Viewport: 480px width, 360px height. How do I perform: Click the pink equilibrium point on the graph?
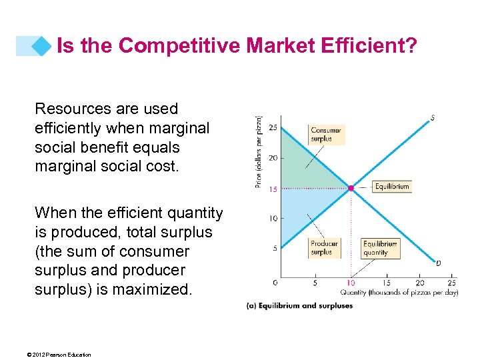click(351, 189)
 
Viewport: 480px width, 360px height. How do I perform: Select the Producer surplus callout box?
click(324, 248)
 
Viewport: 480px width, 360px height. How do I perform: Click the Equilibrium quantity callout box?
click(380, 248)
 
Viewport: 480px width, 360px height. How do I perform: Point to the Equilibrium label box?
click(391, 187)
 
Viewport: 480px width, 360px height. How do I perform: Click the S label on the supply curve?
click(433, 118)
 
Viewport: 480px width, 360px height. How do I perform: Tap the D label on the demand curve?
click(438, 263)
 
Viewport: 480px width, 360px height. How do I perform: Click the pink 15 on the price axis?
click(273, 189)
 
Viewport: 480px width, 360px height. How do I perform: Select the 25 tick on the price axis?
click(273, 127)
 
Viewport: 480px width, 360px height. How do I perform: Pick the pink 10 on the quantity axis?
click(351, 283)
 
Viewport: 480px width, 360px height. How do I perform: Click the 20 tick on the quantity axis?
click(420, 283)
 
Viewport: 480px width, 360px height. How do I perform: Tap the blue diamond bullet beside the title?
click(43, 45)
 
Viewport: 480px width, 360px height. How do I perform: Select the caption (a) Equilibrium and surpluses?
click(299, 306)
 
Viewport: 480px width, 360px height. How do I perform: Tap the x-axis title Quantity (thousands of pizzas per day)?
click(399, 293)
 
